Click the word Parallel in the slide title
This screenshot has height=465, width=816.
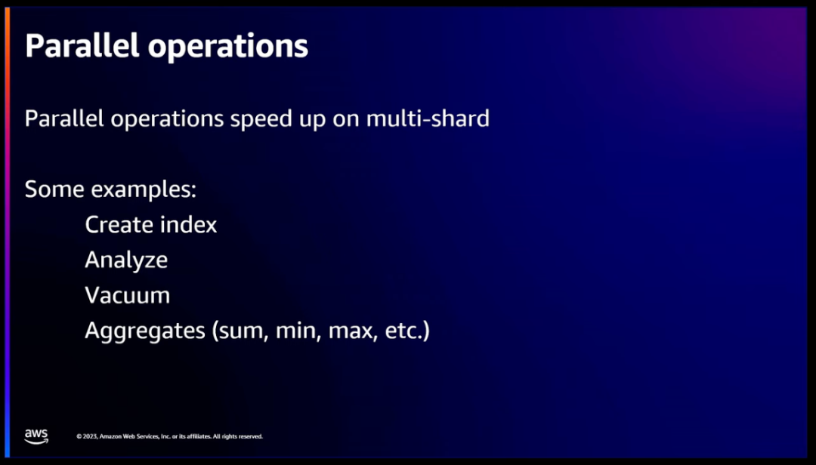pos(82,45)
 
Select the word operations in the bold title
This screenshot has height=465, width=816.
pos(228,47)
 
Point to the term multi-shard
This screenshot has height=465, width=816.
pos(428,119)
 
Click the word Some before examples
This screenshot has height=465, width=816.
pos(54,189)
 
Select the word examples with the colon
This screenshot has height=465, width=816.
pos(144,189)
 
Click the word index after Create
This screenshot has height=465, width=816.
pos(188,225)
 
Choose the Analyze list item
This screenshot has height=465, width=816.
pos(126,260)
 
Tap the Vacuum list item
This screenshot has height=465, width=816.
pos(127,295)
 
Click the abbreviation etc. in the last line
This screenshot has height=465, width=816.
pos(407,331)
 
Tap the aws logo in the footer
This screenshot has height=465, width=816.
pos(36,436)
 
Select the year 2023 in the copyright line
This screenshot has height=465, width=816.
pos(89,436)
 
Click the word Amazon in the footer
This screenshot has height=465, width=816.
pos(111,436)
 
